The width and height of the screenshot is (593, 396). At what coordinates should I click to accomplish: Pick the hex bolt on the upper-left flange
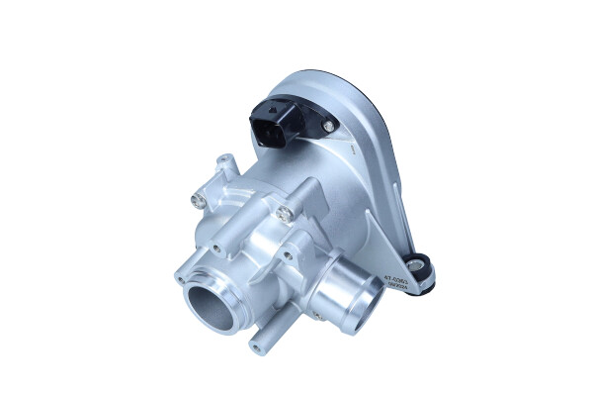point(199,201)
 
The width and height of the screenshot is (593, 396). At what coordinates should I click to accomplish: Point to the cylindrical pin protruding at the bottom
point(260,344)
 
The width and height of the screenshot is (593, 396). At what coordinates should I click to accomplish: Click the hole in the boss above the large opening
point(214,247)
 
